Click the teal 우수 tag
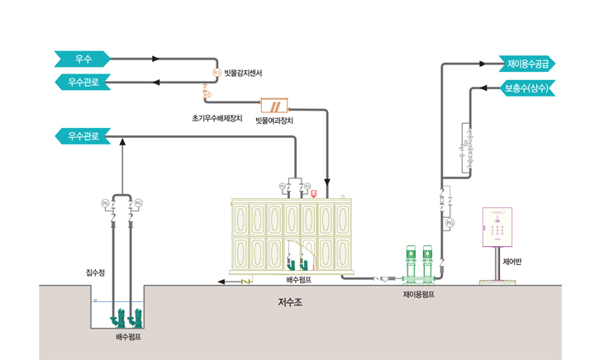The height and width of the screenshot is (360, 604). tap(82, 59)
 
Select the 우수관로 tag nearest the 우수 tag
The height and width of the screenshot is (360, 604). tap(82, 82)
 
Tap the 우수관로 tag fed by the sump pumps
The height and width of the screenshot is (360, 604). tap(82, 135)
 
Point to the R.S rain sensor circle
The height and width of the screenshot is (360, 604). tap(216, 73)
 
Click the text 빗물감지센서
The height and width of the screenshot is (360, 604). tap(244, 73)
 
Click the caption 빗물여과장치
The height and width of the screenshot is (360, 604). tap(274, 121)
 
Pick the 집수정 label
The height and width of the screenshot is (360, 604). tap(96, 272)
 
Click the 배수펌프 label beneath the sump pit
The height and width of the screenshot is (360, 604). tap(129, 338)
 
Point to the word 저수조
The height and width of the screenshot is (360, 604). tap(290, 303)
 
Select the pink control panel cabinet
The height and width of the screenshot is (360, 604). tap(497, 226)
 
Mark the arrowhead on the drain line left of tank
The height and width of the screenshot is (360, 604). tap(221, 282)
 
